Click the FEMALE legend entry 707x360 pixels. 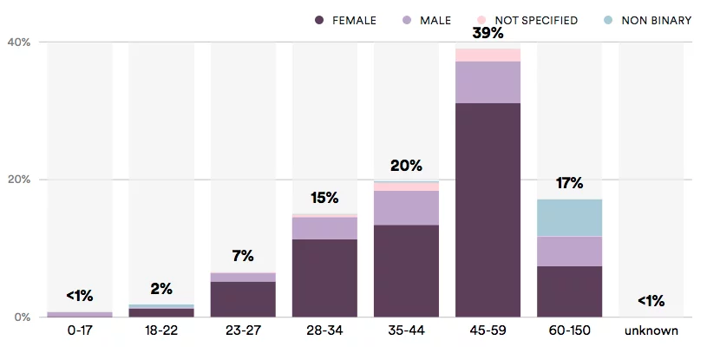345,20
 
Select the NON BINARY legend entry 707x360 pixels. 647,20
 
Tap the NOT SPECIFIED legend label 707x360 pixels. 536,20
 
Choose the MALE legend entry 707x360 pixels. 427,20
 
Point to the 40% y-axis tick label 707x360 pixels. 19,42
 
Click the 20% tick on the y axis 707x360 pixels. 19,179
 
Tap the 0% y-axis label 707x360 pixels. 22,317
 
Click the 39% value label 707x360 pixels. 488,33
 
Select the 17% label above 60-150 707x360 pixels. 569,183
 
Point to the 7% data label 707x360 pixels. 243,256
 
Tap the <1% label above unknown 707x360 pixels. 651,300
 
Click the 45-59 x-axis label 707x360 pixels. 488,331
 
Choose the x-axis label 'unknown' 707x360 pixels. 651,331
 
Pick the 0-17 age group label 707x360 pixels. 80,331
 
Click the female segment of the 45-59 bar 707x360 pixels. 488,210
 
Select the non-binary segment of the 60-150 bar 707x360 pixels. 569,218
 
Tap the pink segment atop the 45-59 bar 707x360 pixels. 488,55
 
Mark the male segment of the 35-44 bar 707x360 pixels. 406,208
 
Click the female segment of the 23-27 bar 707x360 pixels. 243,299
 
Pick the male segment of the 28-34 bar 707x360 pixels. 324,228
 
